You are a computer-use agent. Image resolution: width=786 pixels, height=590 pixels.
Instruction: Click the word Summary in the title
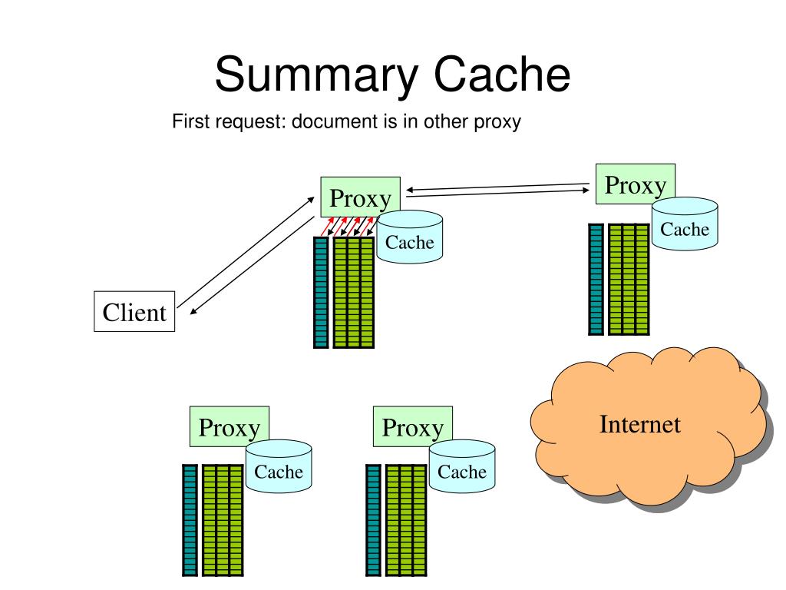click(316, 75)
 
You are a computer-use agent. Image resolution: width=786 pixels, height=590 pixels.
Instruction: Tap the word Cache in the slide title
click(502, 74)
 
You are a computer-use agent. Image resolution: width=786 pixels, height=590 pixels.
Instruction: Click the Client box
click(134, 312)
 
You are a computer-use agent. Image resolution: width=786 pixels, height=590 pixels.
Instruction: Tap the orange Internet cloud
click(649, 426)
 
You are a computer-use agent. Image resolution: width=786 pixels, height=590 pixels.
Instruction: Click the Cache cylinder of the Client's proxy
click(410, 237)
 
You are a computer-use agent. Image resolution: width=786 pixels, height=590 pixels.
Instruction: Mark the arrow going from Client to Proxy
click(246, 252)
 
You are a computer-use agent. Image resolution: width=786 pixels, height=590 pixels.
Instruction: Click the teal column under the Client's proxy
click(321, 293)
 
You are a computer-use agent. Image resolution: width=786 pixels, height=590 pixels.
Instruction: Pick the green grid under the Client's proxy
click(354, 293)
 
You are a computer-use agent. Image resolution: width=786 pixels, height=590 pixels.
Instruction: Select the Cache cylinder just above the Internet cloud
click(685, 224)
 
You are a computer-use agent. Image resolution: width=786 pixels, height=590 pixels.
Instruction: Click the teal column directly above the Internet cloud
click(596, 279)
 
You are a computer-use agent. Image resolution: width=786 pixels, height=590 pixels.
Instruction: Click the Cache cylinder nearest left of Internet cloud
click(462, 466)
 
